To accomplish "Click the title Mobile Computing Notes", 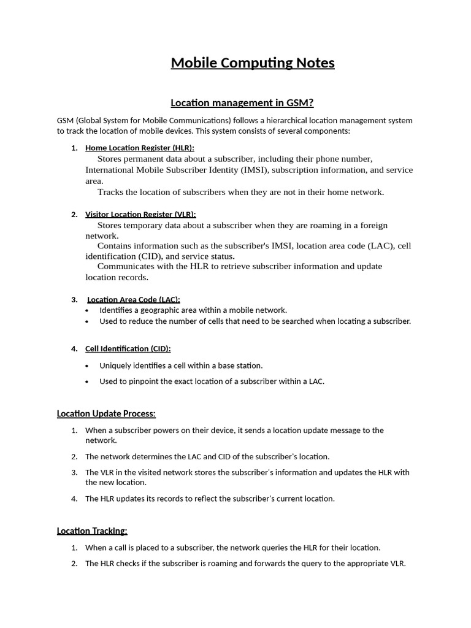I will [x=253, y=63].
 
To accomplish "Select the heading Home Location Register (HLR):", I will [x=140, y=148].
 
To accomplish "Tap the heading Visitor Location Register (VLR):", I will [x=140, y=214].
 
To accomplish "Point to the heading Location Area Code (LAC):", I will [x=134, y=299].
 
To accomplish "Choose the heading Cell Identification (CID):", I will [x=128, y=348].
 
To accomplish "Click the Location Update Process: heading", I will [x=106, y=413].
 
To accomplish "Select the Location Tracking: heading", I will [x=92, y=530].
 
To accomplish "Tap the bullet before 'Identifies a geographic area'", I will [x=86, y=311].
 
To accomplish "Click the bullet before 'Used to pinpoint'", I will [x=86, y=382].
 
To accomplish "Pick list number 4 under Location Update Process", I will [x=74, y=499].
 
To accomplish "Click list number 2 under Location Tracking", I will [x=74, y=564].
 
